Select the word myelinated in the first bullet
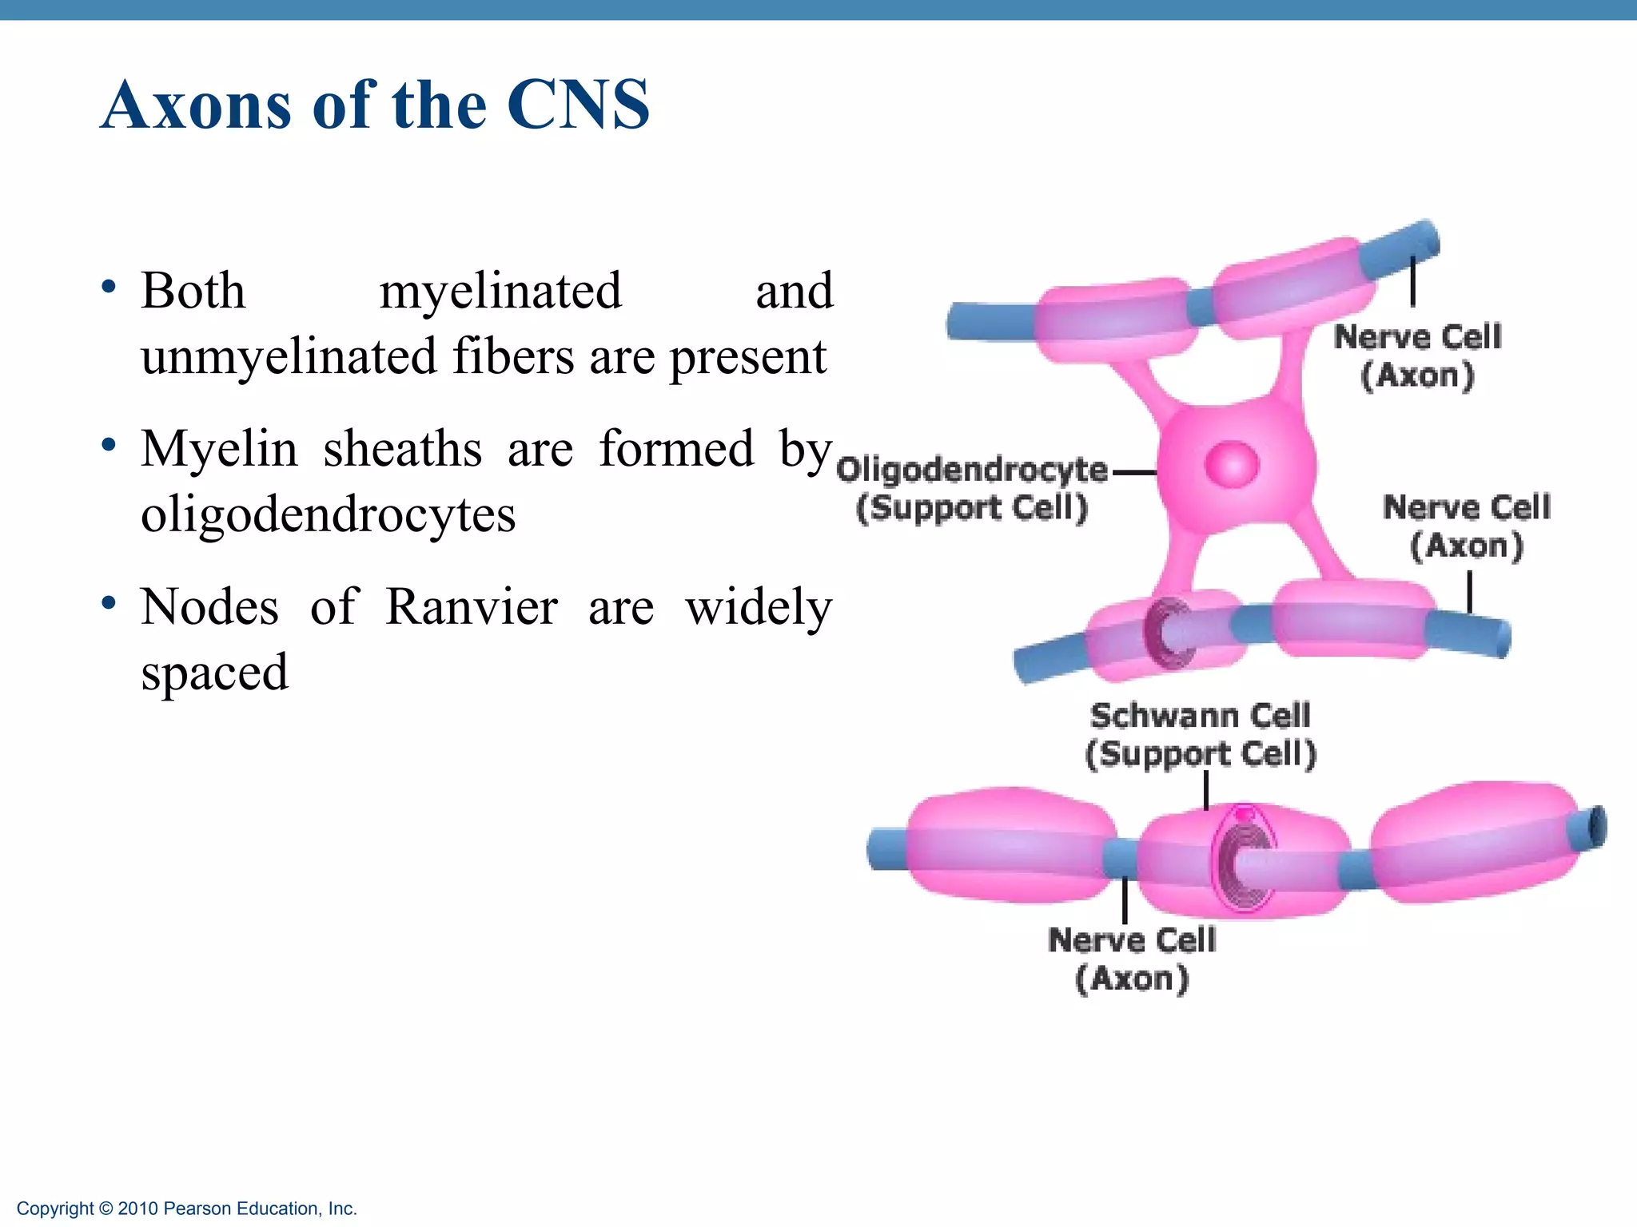[x=500, y=291]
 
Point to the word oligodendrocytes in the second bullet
[x=328, y=514]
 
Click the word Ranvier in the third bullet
[x=471, y=607]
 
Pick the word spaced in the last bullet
[x=214, y=673]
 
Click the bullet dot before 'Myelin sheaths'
[x=110, y=446]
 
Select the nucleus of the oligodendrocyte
[x=1232, y=464]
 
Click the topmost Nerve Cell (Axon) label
[x=1417, y=355]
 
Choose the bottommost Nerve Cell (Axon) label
[x=1132, y=959]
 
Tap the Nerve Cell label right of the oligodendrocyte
[x=1467, y=526]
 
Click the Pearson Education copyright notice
[x=187, y=1209]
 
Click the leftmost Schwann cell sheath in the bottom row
[x=1012, y=845]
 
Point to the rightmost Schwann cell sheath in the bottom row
[x=1475, y=840]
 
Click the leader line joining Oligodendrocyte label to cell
[x=1133, y=472]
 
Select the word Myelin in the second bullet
[x=219, y=449]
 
